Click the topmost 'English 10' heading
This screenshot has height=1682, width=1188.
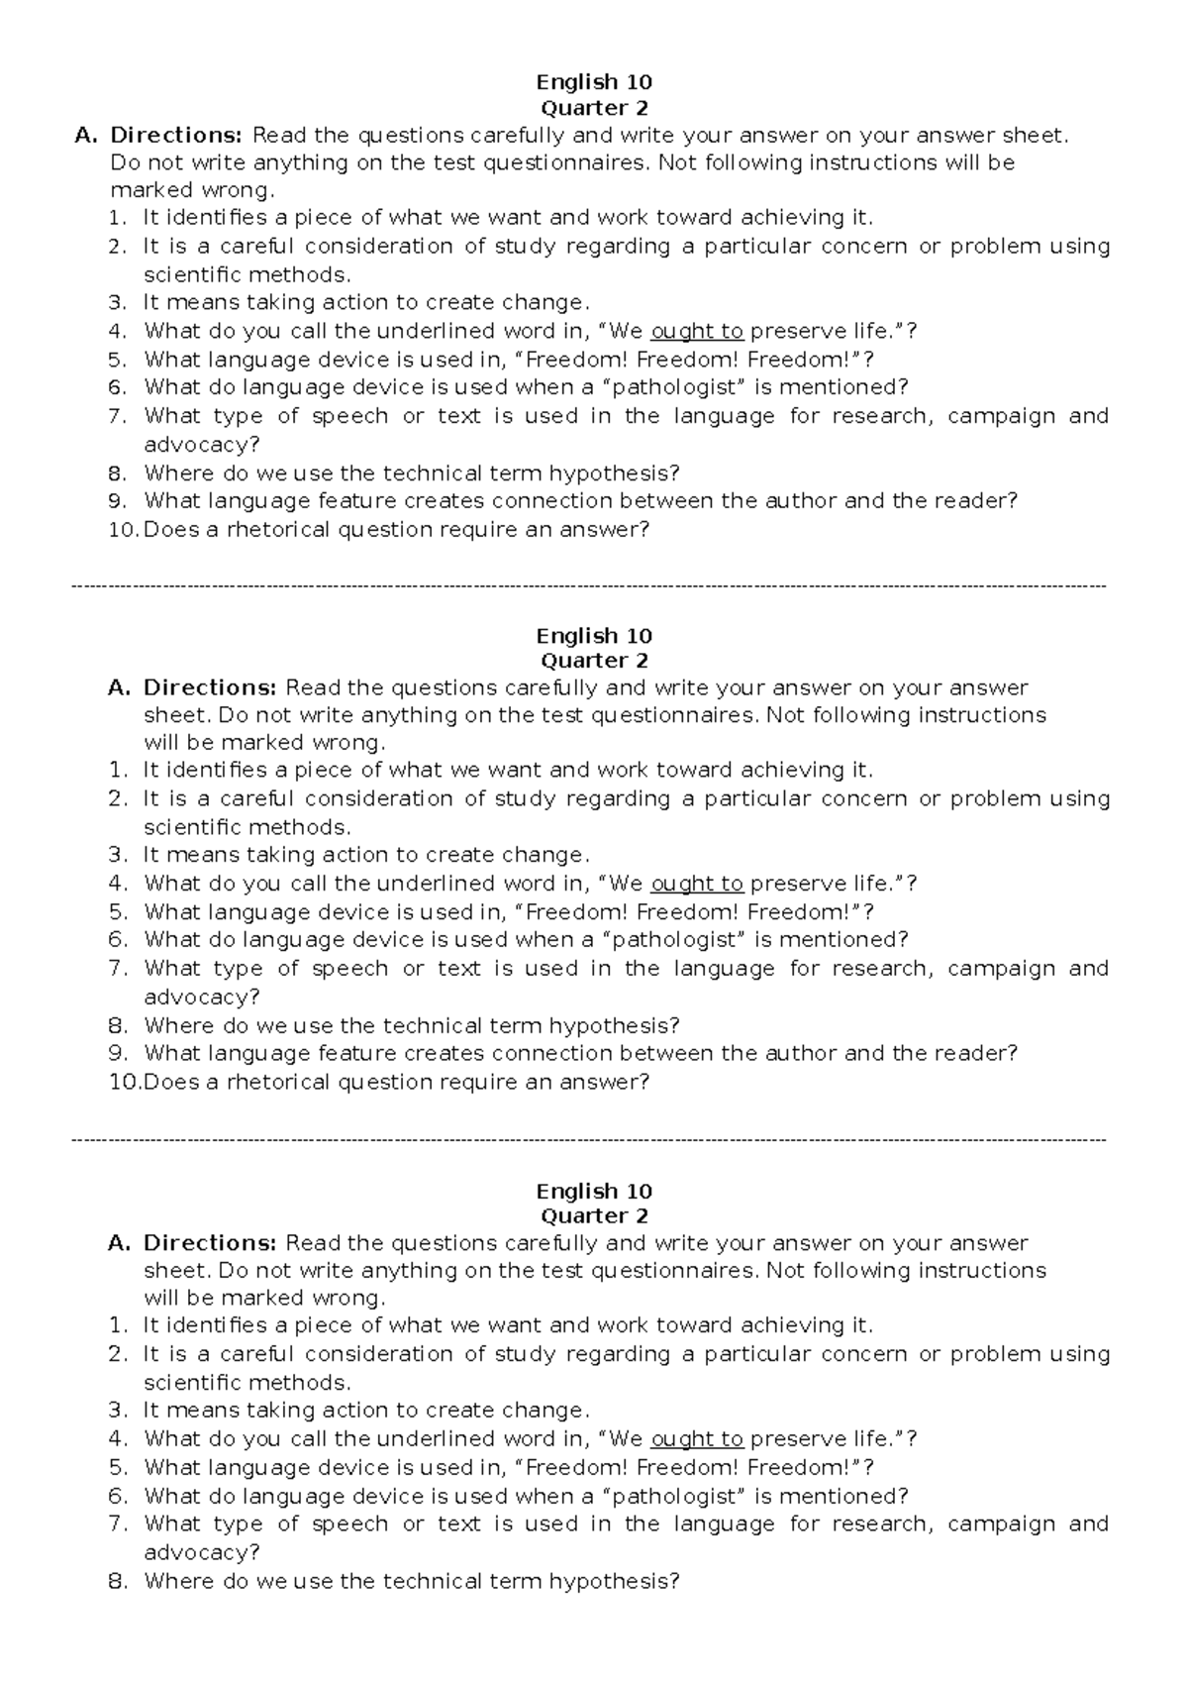click(x=593, y=82)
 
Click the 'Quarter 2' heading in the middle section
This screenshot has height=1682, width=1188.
click(x=593, y=661)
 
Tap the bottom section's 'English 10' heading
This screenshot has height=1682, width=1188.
click(x=593, y=1191)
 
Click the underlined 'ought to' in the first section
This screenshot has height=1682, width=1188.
click(x=697, y=331)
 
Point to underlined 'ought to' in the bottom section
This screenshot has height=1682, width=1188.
click(x=697, y=1438)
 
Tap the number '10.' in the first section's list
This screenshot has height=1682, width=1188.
click(x=123, y=529)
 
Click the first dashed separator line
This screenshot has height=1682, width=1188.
click(x=590, y=587)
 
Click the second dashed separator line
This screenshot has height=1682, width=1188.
click(x=590, y=1141)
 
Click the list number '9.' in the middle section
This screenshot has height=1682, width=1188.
click(x=118, y=1053)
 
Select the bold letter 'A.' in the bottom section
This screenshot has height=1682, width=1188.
click(x=119, y=1242)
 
